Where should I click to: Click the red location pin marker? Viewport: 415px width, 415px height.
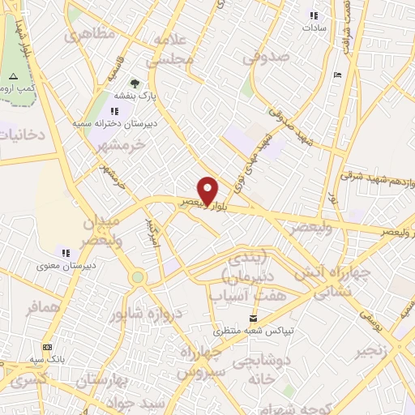pyautogui.click(x=207, y=190)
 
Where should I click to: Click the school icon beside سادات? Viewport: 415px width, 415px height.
pyautogui.click(x=314, y=16)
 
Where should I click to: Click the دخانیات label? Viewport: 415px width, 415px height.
pyautogui.click(x=23, y=135)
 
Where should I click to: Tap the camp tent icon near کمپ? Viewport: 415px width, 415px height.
pyautogui.click(x=12, y=77)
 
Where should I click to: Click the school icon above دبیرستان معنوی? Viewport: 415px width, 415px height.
pyautogui.click(x=66, y=252)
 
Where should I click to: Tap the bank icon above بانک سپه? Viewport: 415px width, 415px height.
pyautogui.click(x=46, y=346)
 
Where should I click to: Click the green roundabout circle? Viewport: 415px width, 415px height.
pyautogui.click(x=137, y=277)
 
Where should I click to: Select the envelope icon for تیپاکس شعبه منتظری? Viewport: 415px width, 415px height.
pyautogui.click(x=254, y=318)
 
